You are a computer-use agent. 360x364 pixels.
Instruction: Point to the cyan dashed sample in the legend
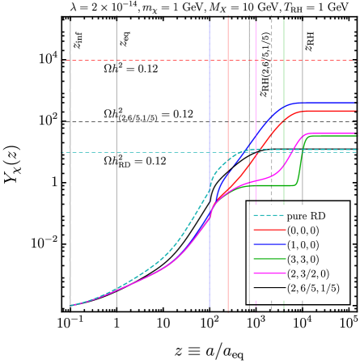pyautogui.click(x=269, y=216)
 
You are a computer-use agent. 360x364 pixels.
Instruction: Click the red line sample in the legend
pyautogui.click(x=269, y=231)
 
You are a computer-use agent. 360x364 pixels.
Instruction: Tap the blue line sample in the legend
pyautogui.click(x=269, y=245)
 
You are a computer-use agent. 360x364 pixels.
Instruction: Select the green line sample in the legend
pyautogui.click(x=269, y=260)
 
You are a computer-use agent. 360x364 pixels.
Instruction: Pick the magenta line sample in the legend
pyautogui.click(x=269, y=273)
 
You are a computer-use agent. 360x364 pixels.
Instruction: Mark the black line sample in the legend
pyautogui.click(x=269, y=288)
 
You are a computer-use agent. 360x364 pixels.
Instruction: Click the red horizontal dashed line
pyautogui.click(x=146, y=61)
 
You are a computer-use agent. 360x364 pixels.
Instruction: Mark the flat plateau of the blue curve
pyautogui.click(x=328, y=103)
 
